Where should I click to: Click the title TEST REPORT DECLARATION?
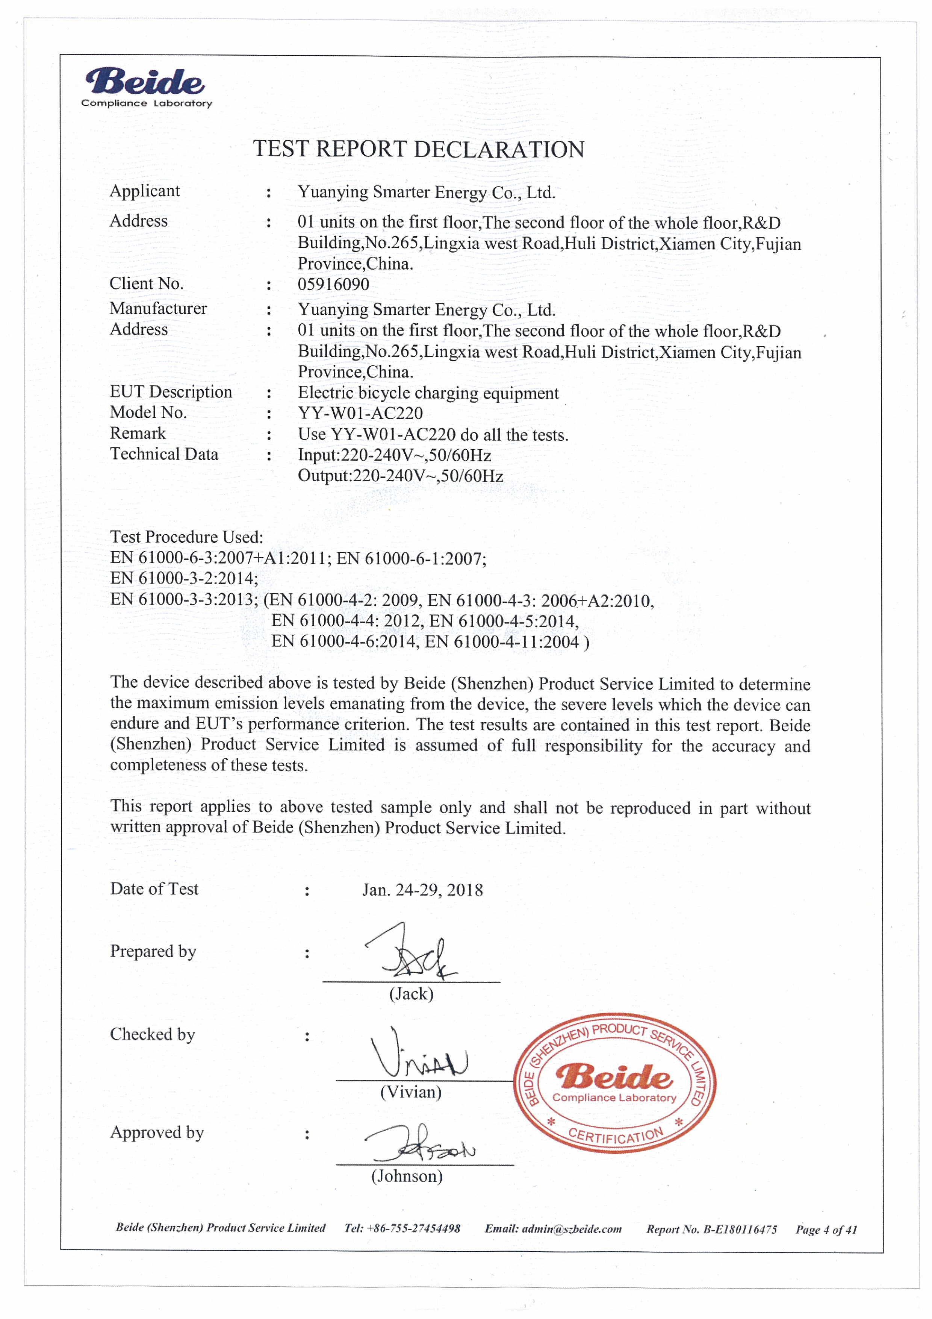(419, 149)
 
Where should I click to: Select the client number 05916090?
(333, 284)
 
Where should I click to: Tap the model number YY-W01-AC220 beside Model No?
(360, 413)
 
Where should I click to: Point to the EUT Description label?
(171, 392)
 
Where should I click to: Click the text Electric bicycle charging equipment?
(428, 393)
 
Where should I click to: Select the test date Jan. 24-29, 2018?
(422, 890)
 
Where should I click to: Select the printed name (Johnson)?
(407, 1176)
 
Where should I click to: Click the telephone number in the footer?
(402, 1228)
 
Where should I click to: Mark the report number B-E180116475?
(711, 1230)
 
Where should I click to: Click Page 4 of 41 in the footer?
(826, 1230)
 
